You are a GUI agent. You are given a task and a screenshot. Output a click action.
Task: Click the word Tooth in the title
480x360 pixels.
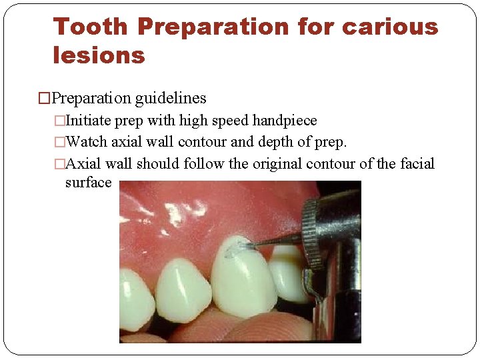(x=90, y=27)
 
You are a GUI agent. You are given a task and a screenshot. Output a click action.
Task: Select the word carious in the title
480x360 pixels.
(x=390, y=27)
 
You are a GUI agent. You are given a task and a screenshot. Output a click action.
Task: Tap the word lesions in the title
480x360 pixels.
(x=99, y=55)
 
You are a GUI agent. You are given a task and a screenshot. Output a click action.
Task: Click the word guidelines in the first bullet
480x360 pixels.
(x=171, y=99)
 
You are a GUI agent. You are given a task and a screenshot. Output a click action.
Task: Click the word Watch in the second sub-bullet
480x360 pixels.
(x=88, y=142)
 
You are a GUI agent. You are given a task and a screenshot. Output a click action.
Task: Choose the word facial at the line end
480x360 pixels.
(x=417, y=163)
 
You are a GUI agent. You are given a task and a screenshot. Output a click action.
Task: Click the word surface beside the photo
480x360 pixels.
(x=88, y=182)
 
